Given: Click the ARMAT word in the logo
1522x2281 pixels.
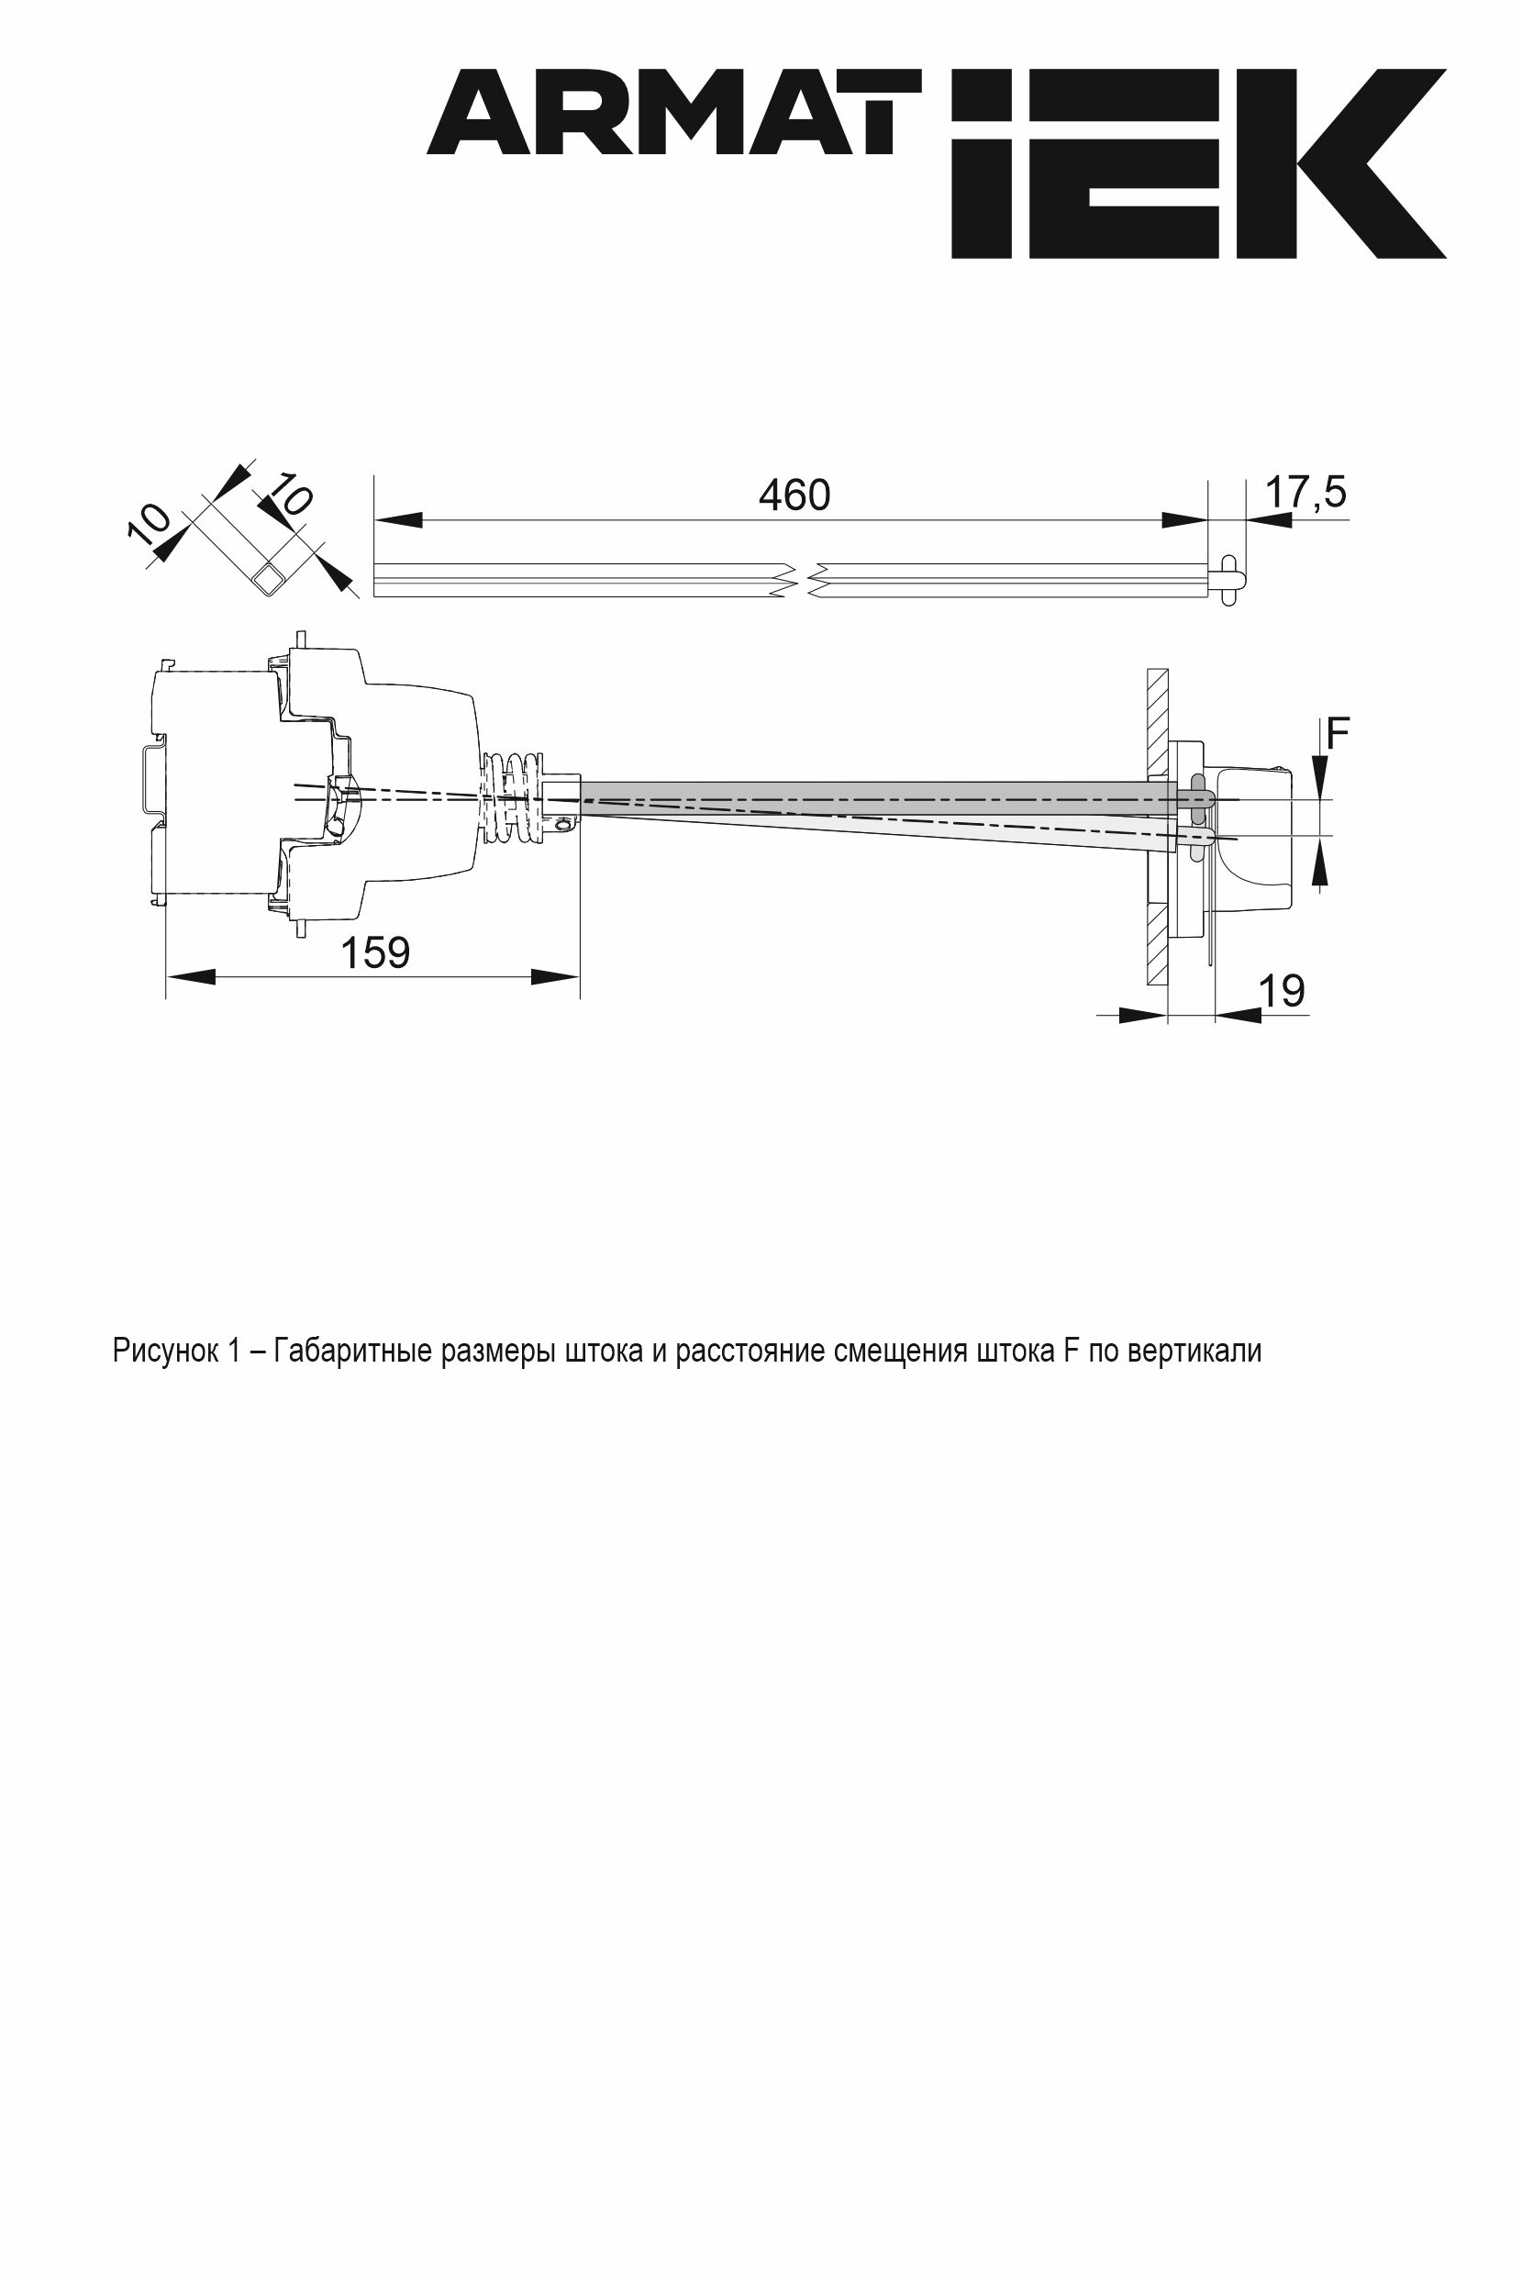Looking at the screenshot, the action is click(x=673, y=112).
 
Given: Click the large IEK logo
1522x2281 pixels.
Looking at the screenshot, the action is click(x=1199, y=163).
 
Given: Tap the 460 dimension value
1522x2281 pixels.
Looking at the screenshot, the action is click(x=794, y=496).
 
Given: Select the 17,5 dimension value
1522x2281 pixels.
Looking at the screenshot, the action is click(x=1305, y=493).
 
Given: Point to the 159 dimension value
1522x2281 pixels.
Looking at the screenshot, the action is click(x=375, y=952).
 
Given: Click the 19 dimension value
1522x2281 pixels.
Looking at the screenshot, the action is click(x=1282, y=991).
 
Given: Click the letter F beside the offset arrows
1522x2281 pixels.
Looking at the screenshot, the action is click(x=1338, y=734).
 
